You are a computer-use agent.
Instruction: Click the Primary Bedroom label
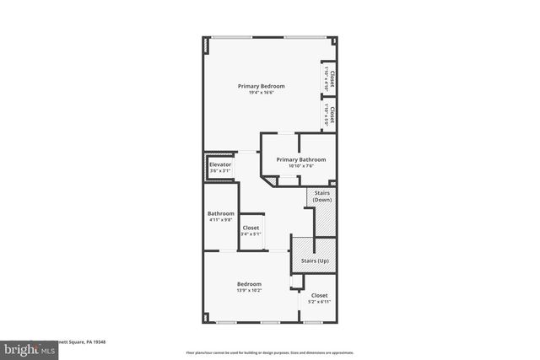pyautogui.click(x=261, y=86)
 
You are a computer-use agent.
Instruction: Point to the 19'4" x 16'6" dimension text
pyautogui.click(x=261, y=93)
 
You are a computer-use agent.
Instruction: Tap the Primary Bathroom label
pyautogui.click(x=300, y=159)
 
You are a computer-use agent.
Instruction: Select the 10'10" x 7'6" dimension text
pyautogui.click(x=300, y=166)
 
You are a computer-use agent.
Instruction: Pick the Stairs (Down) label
pyautogui.click(x=322, y=196)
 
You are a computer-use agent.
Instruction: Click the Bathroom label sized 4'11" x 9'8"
pyautogui.click(x=221, y=213)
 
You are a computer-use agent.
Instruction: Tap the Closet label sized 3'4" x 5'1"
pyautogui.click(x=251, y=228)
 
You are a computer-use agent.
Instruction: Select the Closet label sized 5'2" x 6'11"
pyautogui.click(x=319, y=295)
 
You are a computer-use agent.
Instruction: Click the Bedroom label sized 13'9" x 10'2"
pyautogui.click(x=249, y=284)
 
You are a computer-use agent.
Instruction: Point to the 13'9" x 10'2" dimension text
pyautogui.click(x=249, y=291)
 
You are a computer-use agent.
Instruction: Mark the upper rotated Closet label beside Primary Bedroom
pyautogui.click(x=332, y=79)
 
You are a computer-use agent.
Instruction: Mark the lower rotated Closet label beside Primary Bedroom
pyautogui.click(x=332, y=116)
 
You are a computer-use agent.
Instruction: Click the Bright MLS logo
pyautogui.click(x=25, y=348)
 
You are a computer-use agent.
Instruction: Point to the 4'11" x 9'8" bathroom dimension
pyautogui.click(x=221, y=220)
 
